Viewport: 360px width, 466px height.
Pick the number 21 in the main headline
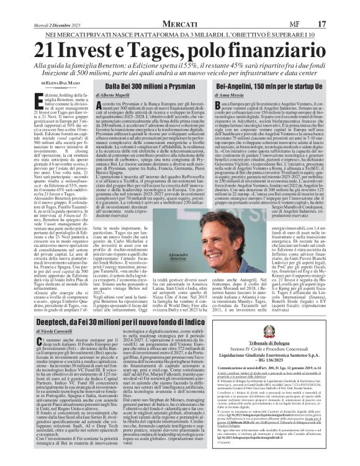coord(47,48)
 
